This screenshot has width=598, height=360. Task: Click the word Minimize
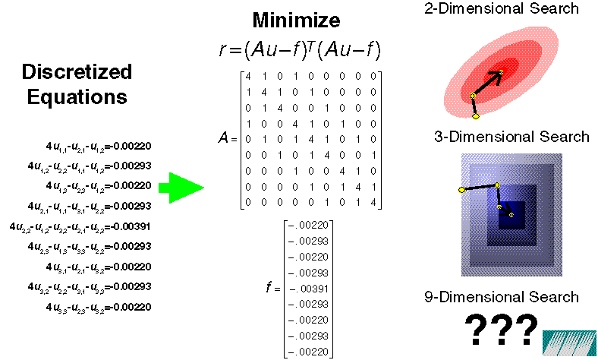point(297,21)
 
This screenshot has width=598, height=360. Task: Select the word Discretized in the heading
point(77,72)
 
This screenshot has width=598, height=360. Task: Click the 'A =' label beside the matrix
point(227,139)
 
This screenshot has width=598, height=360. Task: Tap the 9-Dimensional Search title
point(502,297)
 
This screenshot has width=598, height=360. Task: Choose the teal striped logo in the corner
point(568,342)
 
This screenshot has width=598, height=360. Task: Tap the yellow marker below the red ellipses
point(476,116)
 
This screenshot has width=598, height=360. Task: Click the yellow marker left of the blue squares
point(461,189)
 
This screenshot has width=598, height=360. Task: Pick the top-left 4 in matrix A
point(250,77)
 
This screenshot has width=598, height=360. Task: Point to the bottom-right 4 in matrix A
point(371,202)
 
